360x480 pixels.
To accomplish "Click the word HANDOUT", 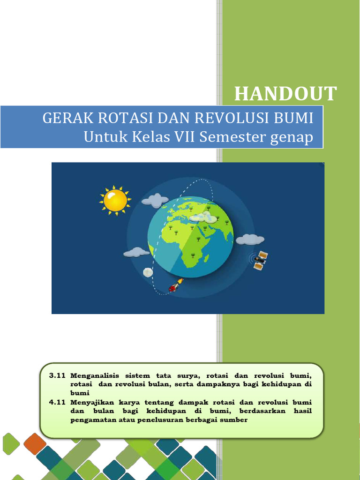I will (285, 94).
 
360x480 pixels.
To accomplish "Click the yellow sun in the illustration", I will (115, 200).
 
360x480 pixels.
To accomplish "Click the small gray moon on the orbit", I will (148, 272).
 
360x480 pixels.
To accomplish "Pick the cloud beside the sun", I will (155, 201).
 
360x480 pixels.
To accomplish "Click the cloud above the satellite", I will (250, 240).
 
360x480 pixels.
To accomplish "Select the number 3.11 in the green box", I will (56, 376).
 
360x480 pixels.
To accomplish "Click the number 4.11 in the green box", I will (56, 403).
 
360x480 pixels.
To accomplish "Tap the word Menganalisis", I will (95, 376).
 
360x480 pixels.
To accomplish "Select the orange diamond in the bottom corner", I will (35, 443).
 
